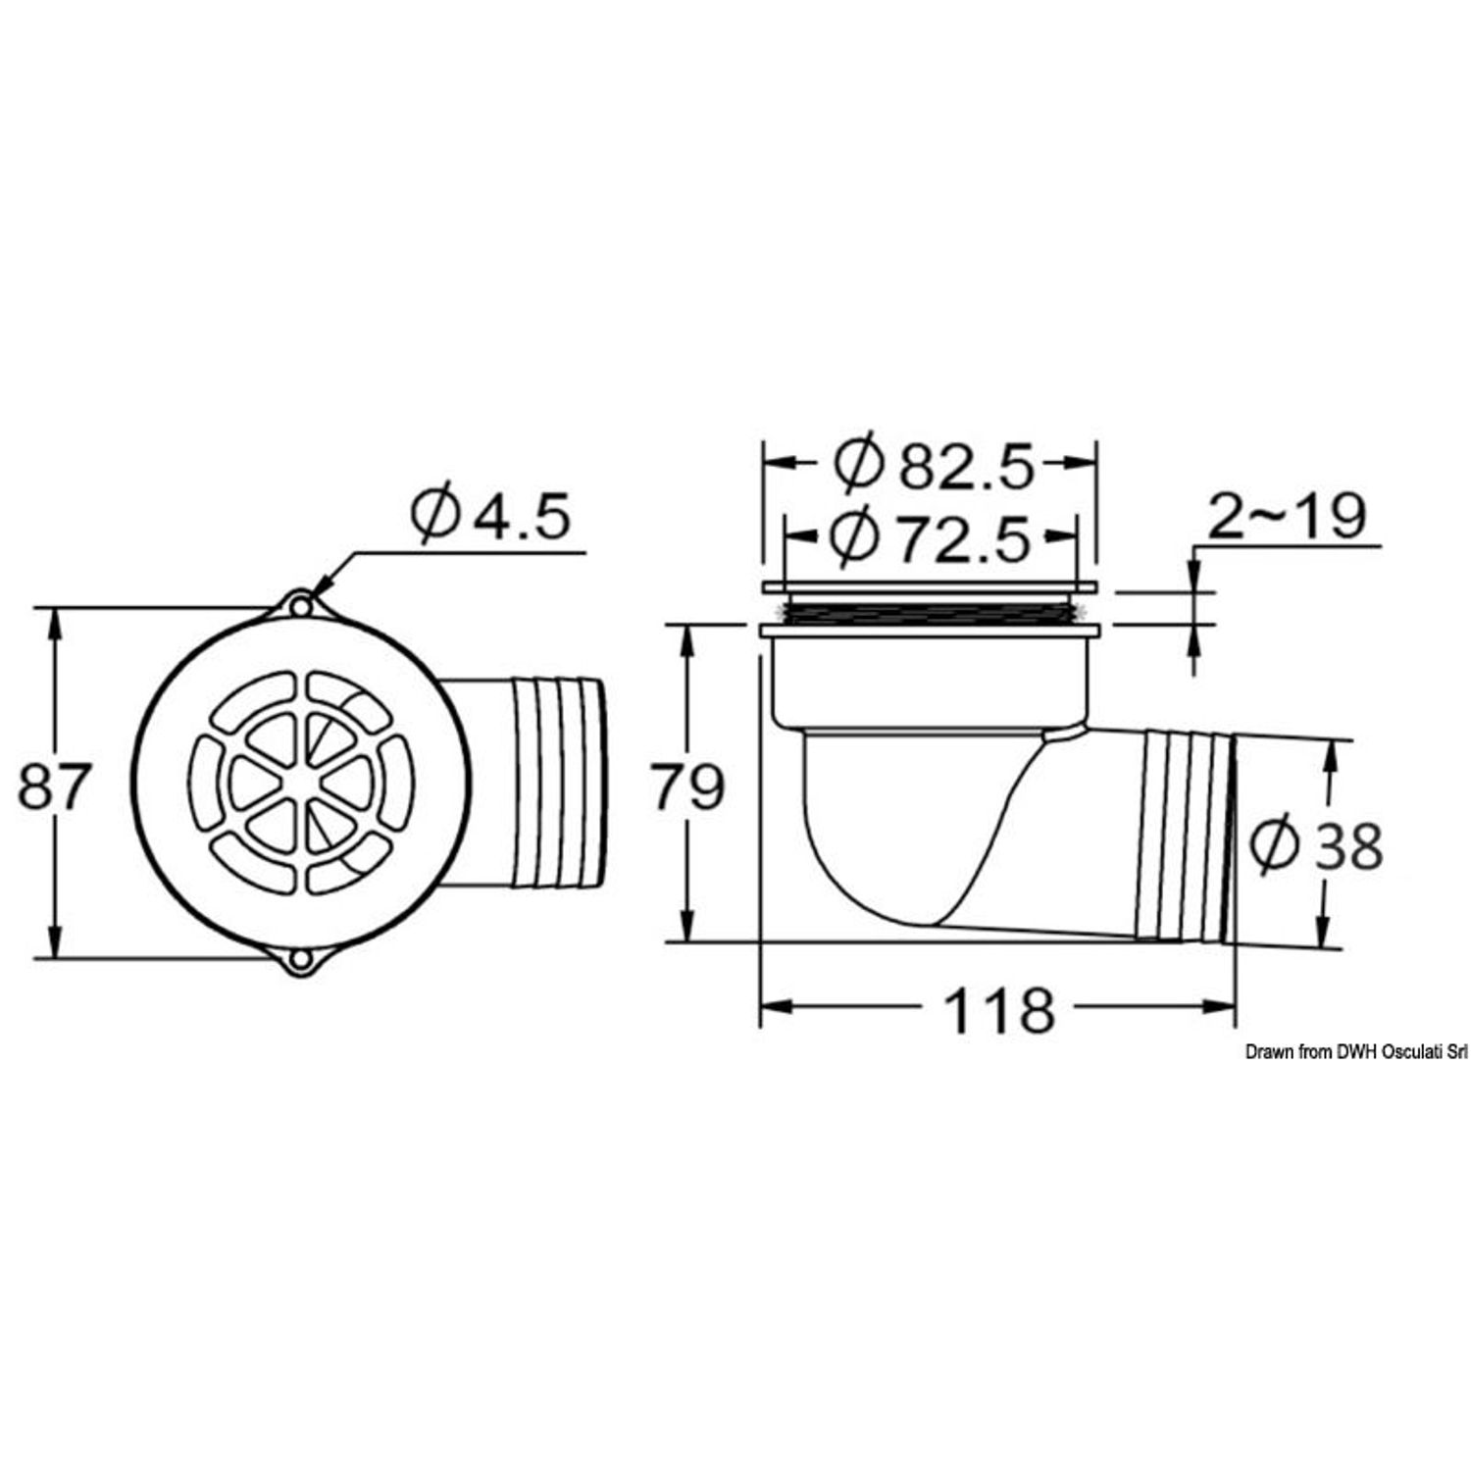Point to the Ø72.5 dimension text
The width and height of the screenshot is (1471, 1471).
pyautogui.click(x=931, y=536)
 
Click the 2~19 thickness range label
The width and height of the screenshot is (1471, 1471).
pyautogui.click(x=1286, y=515)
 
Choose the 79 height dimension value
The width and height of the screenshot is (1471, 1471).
pyautogui.click(x=690, y=786)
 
